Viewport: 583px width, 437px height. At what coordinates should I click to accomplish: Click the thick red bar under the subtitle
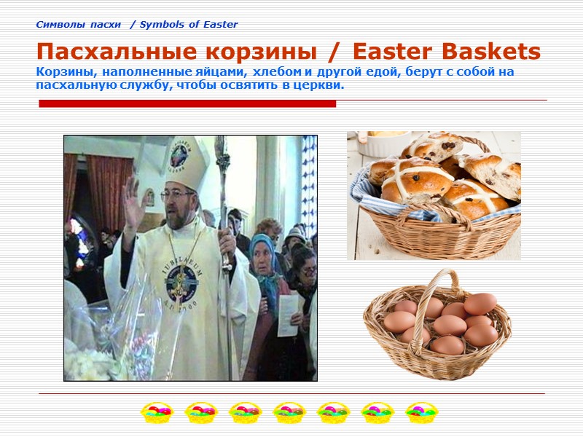coord(187,103)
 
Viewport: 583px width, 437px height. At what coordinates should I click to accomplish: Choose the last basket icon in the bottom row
coord(420,413)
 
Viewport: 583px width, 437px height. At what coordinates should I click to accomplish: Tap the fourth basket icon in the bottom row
coord(289,413)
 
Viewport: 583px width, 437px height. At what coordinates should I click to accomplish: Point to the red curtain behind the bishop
coord(109,193)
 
